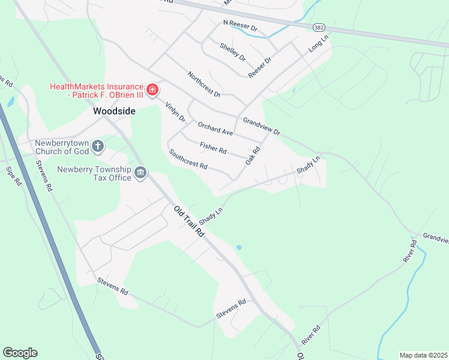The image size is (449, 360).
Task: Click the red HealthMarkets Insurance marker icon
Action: (152, 90)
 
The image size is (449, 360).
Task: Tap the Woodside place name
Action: (114, 111)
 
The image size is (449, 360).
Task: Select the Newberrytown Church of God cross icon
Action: (98, 145)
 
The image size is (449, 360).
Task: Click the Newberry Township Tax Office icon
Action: (140, 173)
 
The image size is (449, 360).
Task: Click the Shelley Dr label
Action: (233, 52)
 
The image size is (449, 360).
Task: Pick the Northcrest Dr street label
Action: (204, 85)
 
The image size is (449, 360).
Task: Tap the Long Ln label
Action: (319, 45)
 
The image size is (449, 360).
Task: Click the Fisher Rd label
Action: (213, 146)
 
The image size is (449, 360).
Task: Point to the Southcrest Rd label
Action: (188, 158)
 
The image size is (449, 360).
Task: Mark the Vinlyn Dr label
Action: (175, 113)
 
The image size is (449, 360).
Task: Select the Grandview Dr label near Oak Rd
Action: (261, 126)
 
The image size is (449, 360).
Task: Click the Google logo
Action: (20, 353)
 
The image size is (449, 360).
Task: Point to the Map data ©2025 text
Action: (423, 355)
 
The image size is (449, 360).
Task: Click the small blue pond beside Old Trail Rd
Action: (240, 247)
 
